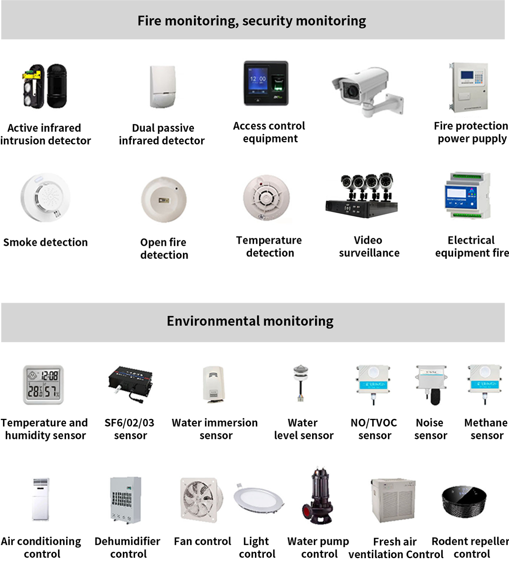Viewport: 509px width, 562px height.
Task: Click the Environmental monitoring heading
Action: click(x=250, y=321)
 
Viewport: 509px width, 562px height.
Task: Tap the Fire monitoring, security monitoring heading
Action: click(x=252, y=21)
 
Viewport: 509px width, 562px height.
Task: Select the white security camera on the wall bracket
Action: click(x=367, y=91)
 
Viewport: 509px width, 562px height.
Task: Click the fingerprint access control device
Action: click(x=266, y=83)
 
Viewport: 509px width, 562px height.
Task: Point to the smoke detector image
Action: click(x=46, y=197)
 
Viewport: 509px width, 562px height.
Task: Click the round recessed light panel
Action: click(x=258, y=499)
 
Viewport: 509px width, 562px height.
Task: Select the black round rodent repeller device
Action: click(x=464, y=501)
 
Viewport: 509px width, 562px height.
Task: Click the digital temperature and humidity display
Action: click(x=43, y=384)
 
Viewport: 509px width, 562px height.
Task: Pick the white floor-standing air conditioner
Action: click(x=41, y=499)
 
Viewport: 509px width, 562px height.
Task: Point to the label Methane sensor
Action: click(x=486, y=429)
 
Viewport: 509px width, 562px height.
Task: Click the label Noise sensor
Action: click(x=430, y=429)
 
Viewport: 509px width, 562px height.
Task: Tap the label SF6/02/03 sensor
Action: click(x=130, y=429)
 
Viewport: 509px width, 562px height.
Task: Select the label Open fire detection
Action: click(x=164, y=248)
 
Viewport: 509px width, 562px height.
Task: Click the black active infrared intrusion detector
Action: click(x=44, y=86)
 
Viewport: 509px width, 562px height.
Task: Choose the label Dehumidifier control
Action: click(x=127, y=548)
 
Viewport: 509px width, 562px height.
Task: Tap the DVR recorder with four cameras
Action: click(x=362, y=195)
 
